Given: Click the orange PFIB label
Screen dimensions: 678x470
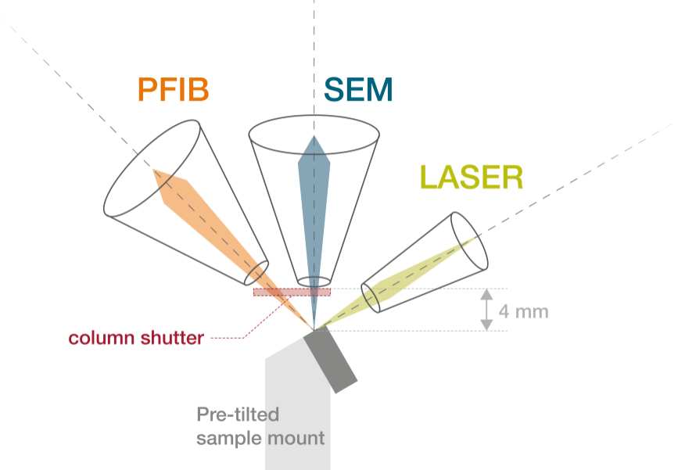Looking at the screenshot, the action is tap(174, 89).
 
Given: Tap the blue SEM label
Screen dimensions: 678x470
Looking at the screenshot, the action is tap(358, 89).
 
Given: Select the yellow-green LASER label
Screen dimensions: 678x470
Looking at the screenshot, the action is tap(472, 178).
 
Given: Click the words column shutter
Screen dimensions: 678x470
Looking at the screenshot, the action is tap(136, 338).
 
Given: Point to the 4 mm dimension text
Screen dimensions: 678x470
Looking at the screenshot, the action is tap(524, 311).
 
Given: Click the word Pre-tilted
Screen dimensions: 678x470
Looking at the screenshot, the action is tap(238, 414).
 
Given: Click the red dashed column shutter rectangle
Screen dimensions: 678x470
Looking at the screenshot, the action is tap(292, 292).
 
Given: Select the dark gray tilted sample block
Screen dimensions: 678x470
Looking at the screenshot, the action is tap(330, 361).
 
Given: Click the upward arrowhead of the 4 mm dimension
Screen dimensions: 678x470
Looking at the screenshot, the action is tap(487, 295).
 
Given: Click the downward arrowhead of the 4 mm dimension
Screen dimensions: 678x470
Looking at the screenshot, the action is tap(487, 325).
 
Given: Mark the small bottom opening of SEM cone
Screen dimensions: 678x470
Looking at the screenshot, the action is tap(314, 282).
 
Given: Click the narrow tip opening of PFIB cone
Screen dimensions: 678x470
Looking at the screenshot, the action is tap(256, 273).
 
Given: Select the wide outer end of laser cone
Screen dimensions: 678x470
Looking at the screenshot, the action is tap(469, 241).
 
